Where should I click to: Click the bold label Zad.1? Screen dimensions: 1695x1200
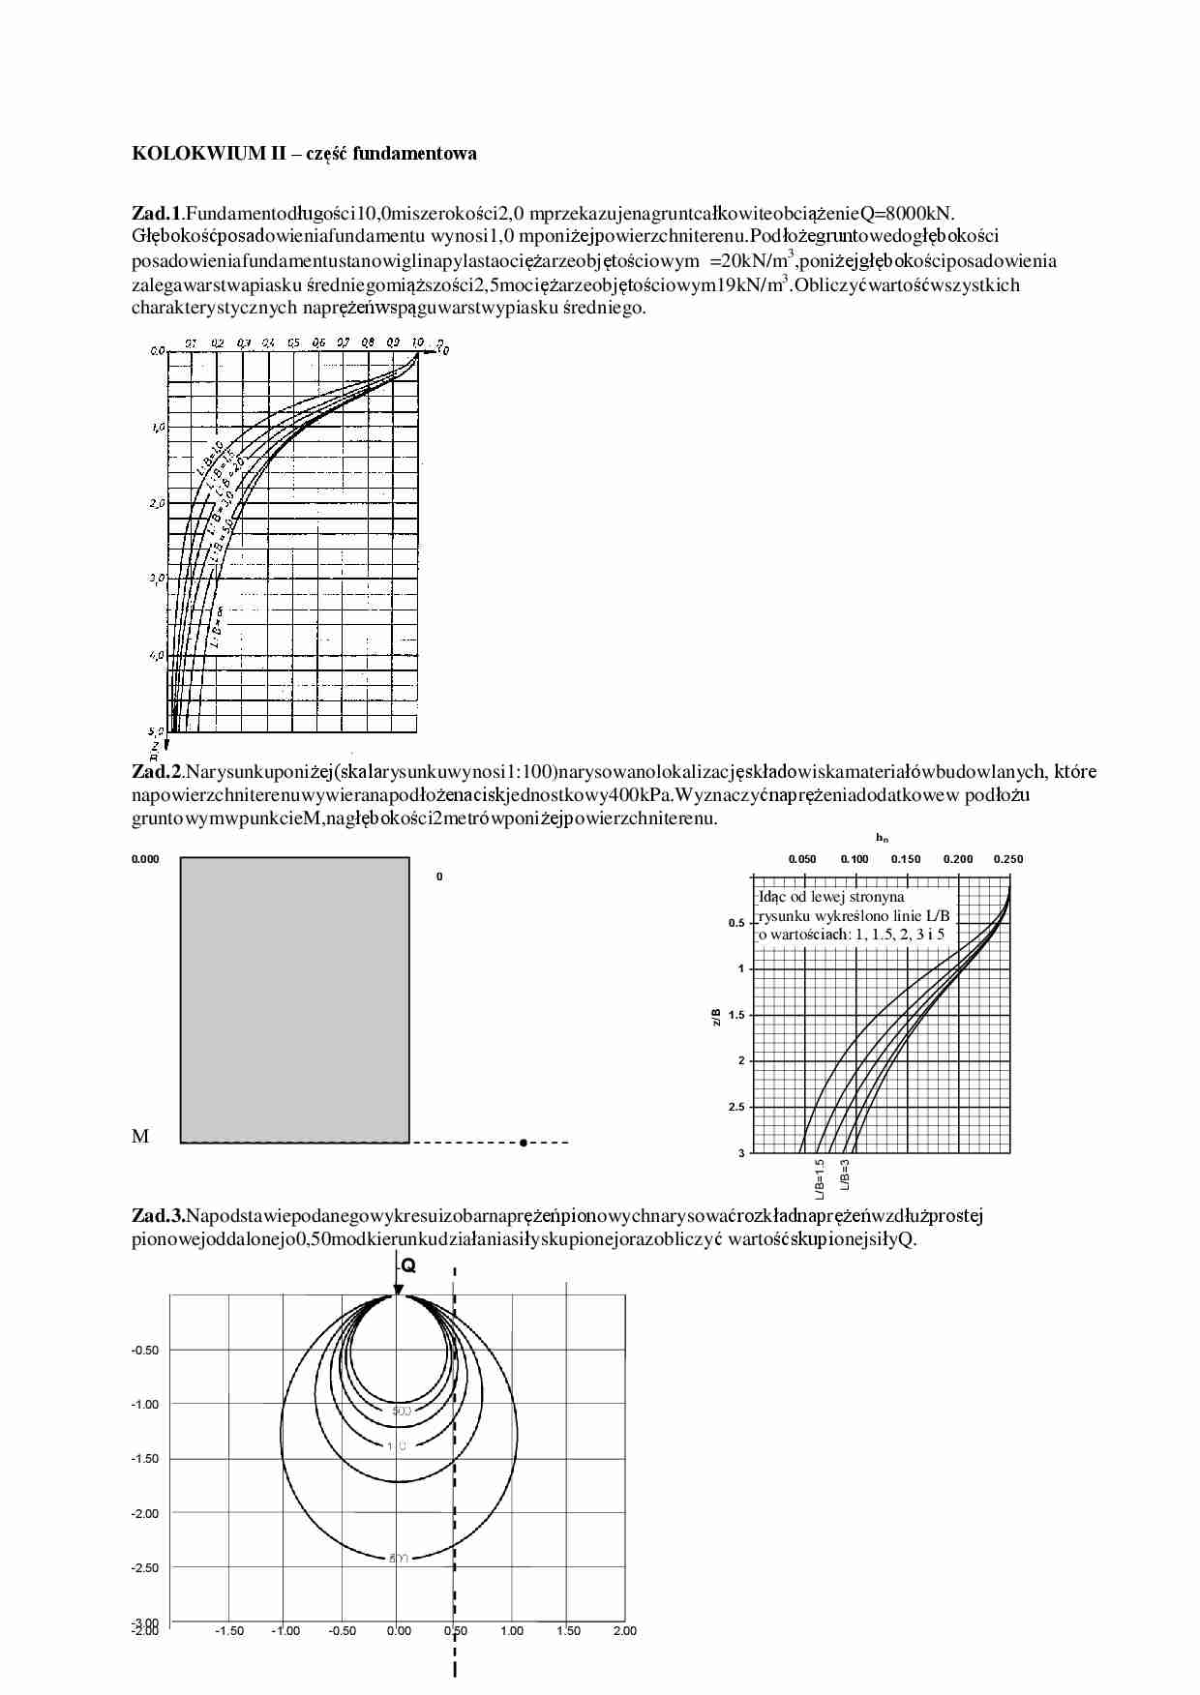[156, 212]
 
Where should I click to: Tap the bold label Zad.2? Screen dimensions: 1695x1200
[156, 771]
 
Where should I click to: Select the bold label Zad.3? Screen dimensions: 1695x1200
[158, 1216]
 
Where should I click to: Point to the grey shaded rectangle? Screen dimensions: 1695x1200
[295, 999]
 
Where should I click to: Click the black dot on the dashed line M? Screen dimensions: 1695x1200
[523, 1143]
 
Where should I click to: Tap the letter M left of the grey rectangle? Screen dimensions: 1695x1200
[140, 1137]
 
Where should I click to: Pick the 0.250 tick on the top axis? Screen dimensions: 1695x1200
[1008, 859]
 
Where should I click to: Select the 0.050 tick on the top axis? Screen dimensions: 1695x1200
[802, 859]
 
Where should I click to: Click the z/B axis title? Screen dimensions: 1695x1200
[716, 1015]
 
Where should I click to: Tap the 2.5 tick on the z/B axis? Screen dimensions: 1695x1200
[736, 1107]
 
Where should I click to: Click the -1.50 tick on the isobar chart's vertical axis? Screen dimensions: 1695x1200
[145, 1459]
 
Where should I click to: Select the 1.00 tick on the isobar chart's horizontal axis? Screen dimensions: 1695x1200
[512, 1631]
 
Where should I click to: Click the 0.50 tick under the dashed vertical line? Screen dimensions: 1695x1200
[455, 1631]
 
